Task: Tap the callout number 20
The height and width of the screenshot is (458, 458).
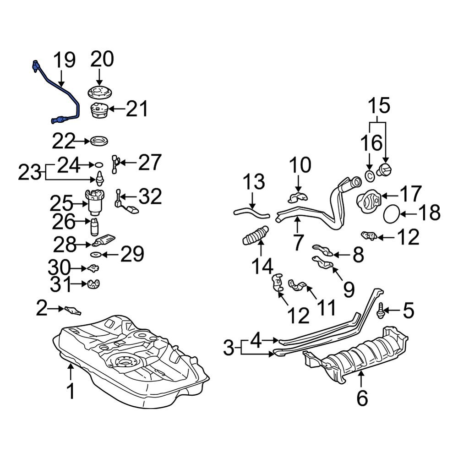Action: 102,60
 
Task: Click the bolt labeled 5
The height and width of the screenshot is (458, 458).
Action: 380,311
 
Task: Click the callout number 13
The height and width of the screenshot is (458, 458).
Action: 254,182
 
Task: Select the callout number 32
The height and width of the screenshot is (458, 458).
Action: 150,197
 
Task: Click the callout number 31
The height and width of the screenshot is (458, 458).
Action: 60,285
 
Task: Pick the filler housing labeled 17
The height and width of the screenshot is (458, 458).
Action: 368,201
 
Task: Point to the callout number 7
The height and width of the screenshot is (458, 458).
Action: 298,241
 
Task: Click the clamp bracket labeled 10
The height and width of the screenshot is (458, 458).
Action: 298,198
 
